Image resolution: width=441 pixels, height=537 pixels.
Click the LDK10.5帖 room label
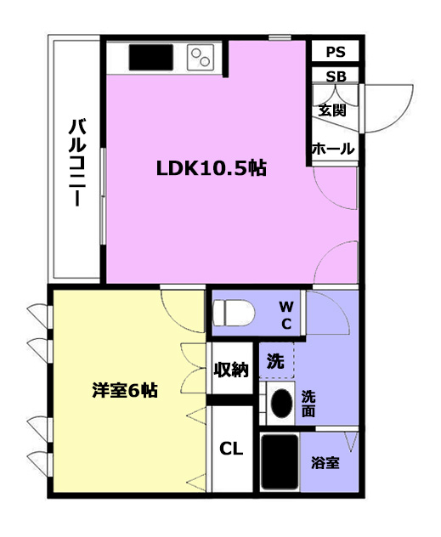[212, 168]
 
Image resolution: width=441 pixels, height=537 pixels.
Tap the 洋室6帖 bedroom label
[125, 390]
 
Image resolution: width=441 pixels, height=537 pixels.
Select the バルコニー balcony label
[77, 162]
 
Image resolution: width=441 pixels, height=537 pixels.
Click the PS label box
[336, 52]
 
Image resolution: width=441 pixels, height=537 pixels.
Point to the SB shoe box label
[336, 76]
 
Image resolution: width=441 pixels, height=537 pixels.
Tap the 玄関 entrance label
[331, 110]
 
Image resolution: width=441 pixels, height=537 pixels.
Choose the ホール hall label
[333, 149]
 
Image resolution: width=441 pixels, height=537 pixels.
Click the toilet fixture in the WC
[234, 313]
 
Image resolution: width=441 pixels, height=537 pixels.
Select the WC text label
[286, 315]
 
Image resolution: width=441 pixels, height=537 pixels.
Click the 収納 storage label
[231, 369]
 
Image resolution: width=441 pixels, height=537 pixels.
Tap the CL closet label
[231, 449]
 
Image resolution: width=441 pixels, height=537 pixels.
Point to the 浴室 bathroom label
[325, 463]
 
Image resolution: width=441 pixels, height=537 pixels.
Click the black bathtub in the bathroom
[280, 461]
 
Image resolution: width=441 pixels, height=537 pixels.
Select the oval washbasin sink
[281, 404]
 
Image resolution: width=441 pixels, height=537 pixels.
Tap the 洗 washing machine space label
[275, 360]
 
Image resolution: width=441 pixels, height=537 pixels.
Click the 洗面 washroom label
[308, 404]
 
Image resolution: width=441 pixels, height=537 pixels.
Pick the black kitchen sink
[151, 57]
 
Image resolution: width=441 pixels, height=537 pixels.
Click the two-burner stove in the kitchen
[201, 57]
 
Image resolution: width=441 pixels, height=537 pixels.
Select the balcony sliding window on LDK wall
[103, 196]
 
